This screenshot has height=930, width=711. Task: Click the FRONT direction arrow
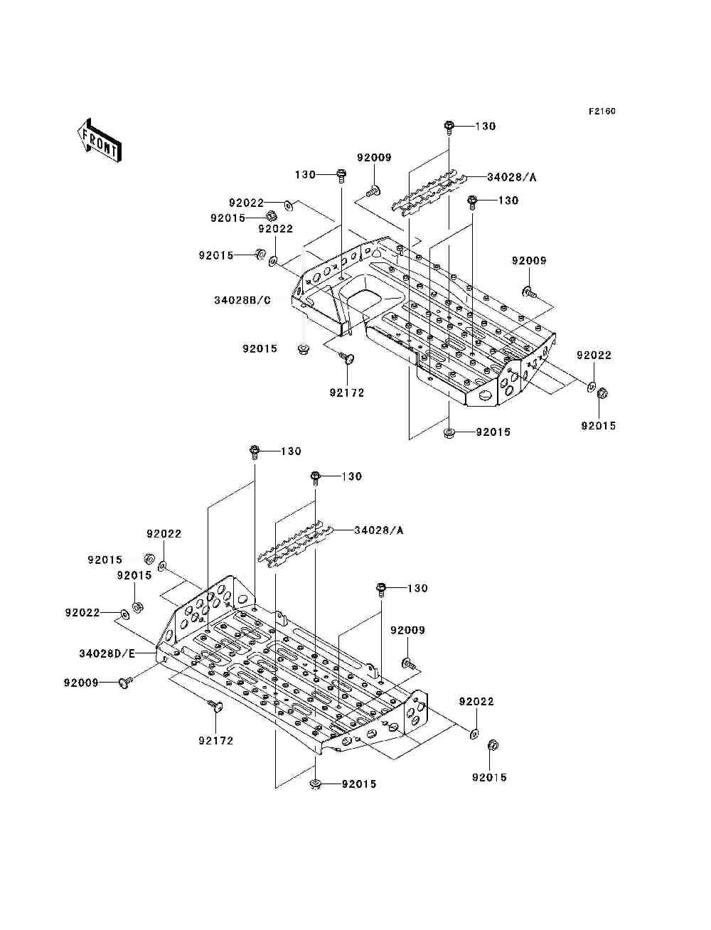pos(98,139)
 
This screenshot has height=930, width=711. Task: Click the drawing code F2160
pos(601,111)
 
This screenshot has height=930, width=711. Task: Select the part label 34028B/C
pos(242,300)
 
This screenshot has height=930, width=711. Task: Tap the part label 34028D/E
pos(107,653)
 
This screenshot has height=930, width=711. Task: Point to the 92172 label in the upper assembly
pos(346,392)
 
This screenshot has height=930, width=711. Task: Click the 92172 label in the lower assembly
pos(216,740)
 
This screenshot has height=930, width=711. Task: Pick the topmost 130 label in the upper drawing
pos(485,126)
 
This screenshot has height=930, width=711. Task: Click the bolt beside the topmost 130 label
pos(449,127)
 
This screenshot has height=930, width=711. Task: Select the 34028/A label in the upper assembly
pos(511,177)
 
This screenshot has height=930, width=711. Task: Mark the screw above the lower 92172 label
pos(215,705)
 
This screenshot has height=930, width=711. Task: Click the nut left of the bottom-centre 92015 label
pos(314,784)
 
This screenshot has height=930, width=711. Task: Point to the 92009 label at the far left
pos(81,683)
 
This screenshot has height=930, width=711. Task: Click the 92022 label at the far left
pos(82,612)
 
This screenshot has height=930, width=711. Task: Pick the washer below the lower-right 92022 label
pos(474,732)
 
